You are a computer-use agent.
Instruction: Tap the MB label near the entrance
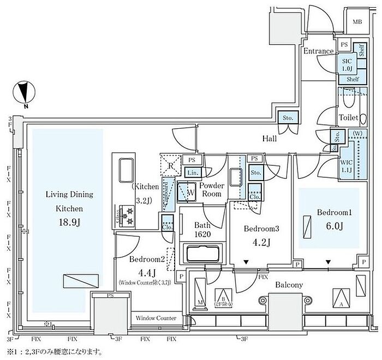(x=357, y=22)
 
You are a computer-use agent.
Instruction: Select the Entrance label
(x=318, y=51)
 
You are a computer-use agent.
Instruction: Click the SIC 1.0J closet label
(x=346, y=65)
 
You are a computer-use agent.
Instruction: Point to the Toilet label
(x=348, y=117)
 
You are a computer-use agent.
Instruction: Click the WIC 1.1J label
(x=346, y=165)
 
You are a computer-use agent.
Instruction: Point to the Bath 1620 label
(x=201, y=230)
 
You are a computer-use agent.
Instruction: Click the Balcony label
(x=289, y=285)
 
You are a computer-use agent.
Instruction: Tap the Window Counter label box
(x=156, y=318)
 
